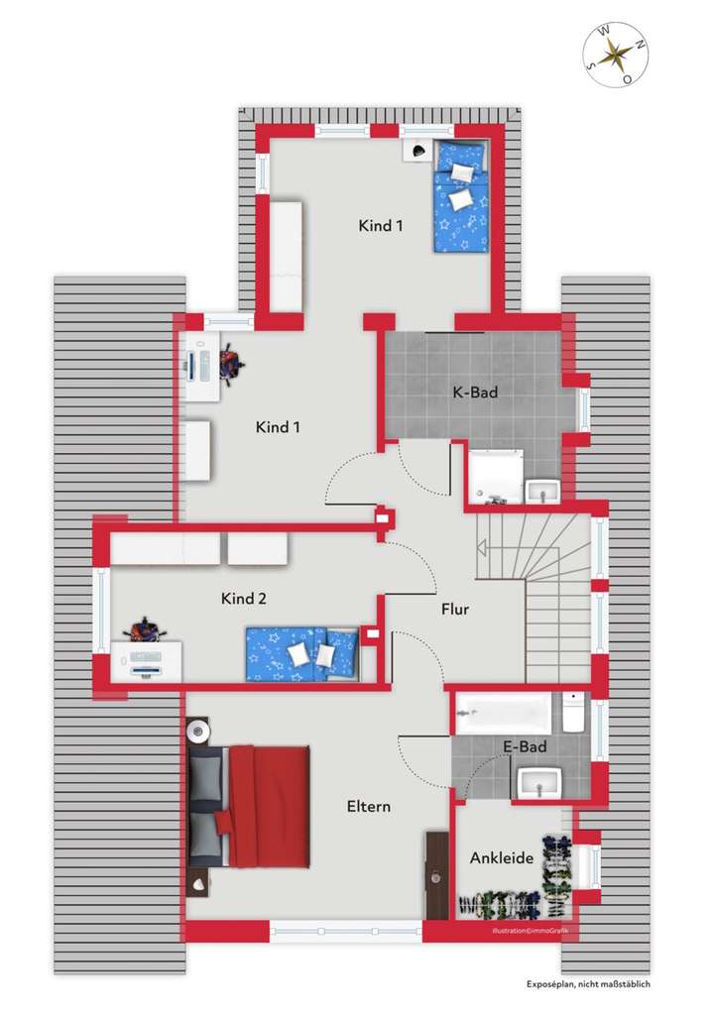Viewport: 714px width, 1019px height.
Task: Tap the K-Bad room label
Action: [475, 393]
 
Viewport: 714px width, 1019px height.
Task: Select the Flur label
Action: [455, 610]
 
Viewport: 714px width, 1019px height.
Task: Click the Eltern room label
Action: [368, 806]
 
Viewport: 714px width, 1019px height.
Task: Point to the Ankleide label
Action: [502, 857]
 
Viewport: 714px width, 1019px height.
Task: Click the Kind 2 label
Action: [243, 599]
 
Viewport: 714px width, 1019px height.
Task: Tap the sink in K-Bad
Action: [543, 490]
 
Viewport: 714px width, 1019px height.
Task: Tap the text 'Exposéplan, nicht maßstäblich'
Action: [588, 985]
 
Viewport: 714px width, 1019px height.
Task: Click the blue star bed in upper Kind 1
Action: [461, 195]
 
